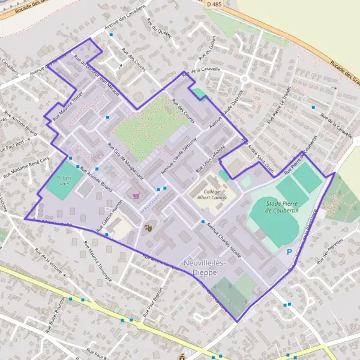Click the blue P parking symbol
point(290,253)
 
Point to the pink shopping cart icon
point(137,195)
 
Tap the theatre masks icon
point(147,227)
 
